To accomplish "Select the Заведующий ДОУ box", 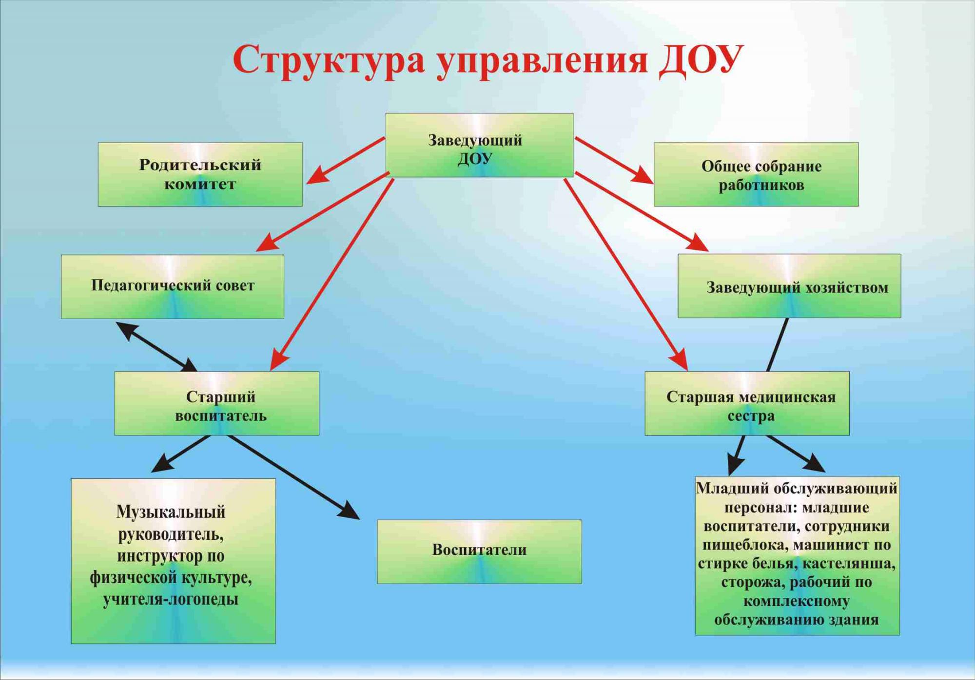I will (x=479, y=145).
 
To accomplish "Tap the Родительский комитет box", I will (x=200, y=174).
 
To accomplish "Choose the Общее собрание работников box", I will (x=756, y=174).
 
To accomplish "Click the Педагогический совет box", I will (x=173, y=286).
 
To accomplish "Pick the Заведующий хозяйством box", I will (x=789, y=286).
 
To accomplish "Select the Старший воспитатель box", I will (x=217, y=403).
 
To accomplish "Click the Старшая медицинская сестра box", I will (x=747, y=403).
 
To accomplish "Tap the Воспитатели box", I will (x=479, y=551).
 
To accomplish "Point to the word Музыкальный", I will (x=171, y=512).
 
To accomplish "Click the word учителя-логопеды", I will (x=171, y=599).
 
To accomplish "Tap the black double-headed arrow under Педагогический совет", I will (x=156, y=346).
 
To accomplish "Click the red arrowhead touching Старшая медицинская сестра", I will (x=680, y=361).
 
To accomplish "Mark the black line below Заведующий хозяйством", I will (x=778, y=345).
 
